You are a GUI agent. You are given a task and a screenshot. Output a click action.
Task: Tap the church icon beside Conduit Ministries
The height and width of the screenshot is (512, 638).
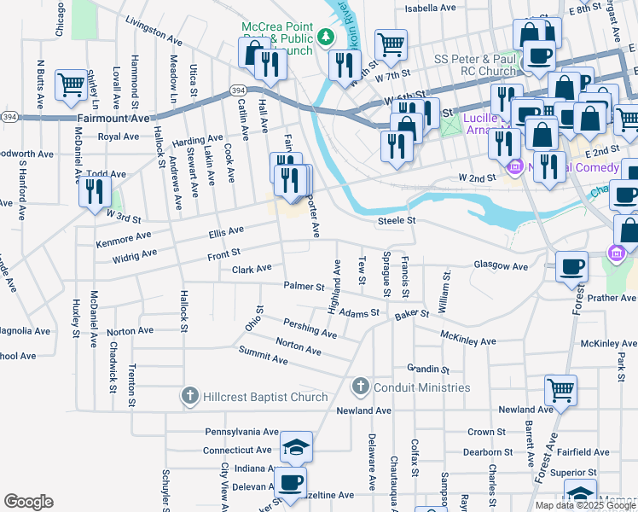tap(360, 387)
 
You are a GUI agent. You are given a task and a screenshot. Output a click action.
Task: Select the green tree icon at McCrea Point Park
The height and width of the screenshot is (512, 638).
tap(325, 37)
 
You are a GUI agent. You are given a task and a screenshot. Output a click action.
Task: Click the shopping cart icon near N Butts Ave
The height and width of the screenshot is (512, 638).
tap(70, 84)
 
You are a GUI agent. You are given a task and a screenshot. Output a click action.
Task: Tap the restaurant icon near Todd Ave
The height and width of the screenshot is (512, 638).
tap(95, 190)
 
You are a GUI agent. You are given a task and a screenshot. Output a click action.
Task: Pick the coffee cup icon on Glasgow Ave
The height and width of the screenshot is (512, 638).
tap(571, 267)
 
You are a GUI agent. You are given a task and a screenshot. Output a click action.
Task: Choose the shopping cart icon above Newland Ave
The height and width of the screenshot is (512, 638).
tap(560, 390)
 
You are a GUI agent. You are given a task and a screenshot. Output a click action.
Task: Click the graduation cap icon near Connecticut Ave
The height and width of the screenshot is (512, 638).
tap(296, 446)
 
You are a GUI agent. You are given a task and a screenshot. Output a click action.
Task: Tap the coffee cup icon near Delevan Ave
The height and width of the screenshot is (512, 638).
tap(291, 481)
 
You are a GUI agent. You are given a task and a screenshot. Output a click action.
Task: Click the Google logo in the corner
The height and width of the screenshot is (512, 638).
tap(28, 502)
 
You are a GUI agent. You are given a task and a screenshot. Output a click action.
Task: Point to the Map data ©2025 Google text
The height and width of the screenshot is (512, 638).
tap(585, 505)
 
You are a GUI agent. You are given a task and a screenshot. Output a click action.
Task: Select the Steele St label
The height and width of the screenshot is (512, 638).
tap(397, 221)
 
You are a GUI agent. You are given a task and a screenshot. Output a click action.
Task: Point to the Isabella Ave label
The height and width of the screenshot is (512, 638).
tap(430, 8)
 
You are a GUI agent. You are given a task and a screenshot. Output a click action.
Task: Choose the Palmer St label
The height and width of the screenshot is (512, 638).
tap(304, 287)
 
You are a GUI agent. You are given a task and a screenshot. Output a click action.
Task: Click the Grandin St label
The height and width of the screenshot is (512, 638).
tap(428, 369)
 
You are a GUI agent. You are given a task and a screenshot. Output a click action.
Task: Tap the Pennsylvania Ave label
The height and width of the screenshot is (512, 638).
tap(241, 433)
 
